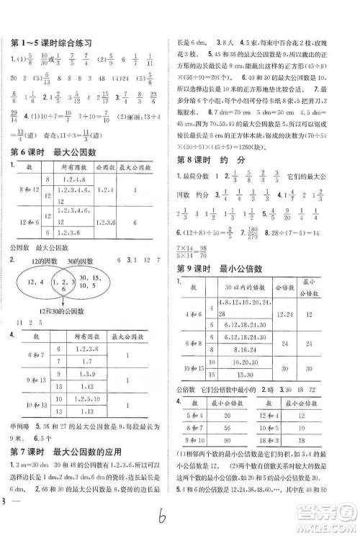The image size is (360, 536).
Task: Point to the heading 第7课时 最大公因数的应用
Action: click(x=66, y=452)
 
